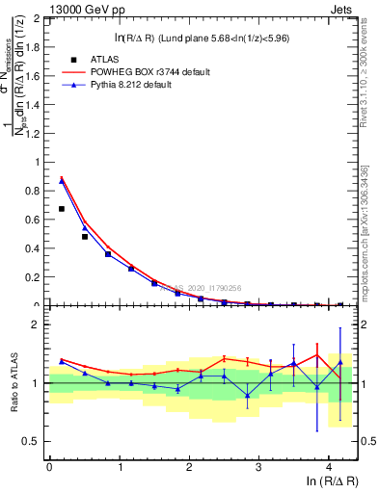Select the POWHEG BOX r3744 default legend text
click(x=154, y=72)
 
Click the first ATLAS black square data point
click(x=62, y=208)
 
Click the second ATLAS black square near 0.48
click(x=85, y=236)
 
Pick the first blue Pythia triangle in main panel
click(x=62, y=180)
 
